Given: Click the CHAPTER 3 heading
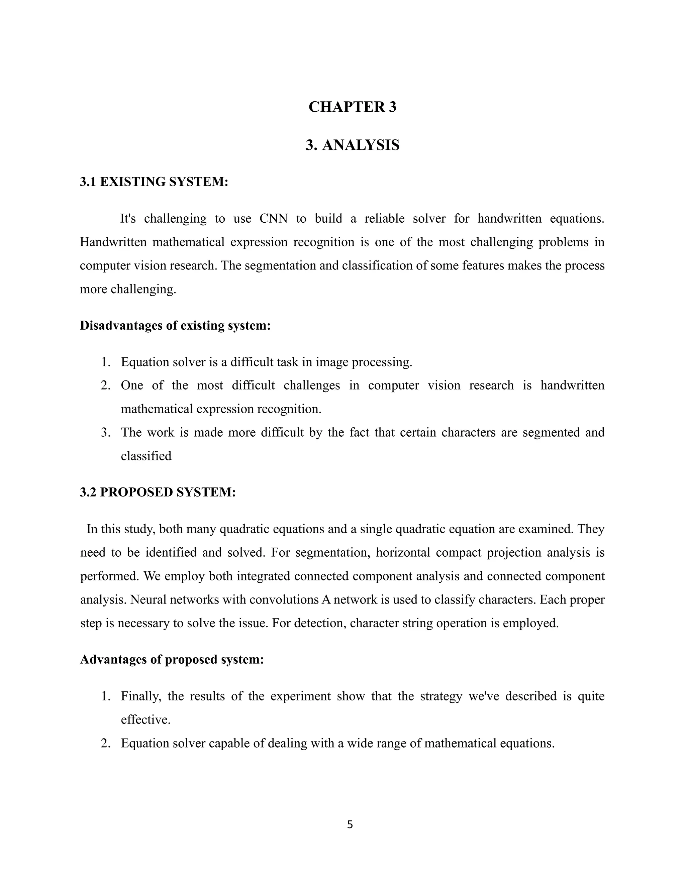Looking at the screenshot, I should click(352, 107).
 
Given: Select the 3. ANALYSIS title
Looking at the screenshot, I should click(352, 145).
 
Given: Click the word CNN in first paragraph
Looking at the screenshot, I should click(273, 219).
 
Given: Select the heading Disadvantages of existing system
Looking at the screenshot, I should click(175, 325).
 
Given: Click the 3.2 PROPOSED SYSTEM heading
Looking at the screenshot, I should click(158, 492).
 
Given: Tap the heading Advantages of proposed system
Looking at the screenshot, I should click(172, 659).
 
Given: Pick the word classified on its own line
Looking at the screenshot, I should click(146, 456).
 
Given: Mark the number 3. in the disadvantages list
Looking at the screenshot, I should click(105, 432).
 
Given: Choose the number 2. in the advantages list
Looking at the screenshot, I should click(105, 743).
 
